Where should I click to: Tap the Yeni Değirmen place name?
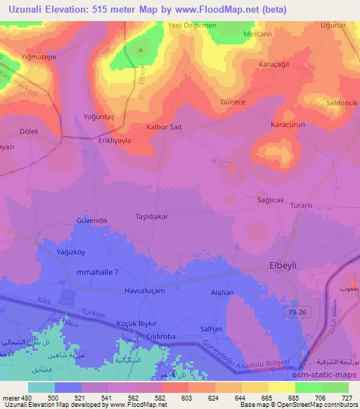(191, 27)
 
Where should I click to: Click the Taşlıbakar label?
(151, 217)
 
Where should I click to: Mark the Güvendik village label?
(91, 221)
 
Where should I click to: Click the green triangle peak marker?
(141, 50)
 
